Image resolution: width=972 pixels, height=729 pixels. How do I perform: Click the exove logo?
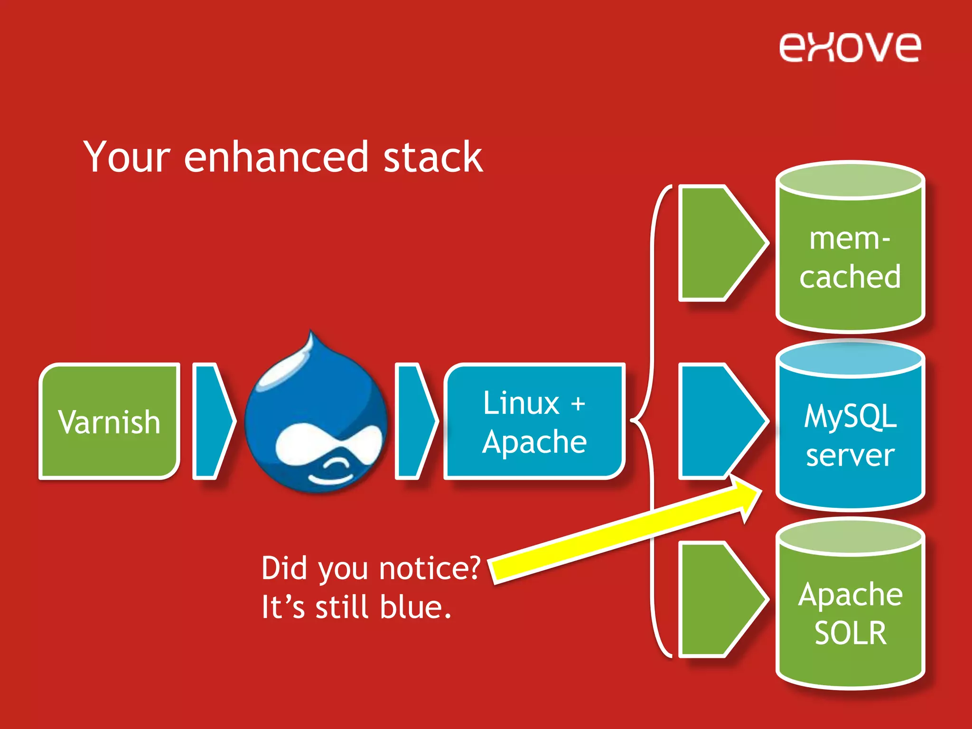[849, 47]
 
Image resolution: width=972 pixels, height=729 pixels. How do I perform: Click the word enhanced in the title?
[276, 157]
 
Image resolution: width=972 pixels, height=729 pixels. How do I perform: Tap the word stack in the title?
[432, 157]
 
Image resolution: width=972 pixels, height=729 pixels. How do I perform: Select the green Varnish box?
[109, 421]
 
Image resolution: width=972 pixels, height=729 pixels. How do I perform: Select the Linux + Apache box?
[534, 421]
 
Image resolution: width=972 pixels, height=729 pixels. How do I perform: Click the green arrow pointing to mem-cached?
[717, 243]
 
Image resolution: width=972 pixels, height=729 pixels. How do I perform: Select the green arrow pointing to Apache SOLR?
[717, 599]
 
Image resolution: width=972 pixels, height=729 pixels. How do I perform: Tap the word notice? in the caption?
[430, 568]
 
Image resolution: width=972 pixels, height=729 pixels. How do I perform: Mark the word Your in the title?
[126, 157]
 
